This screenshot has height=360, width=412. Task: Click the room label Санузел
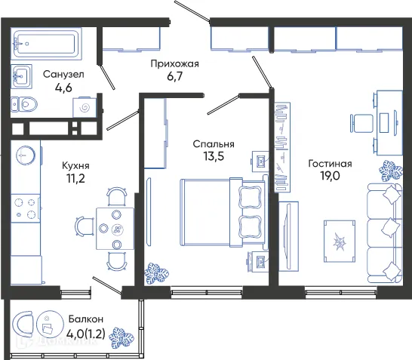pyautogui.click(x=63, y=75)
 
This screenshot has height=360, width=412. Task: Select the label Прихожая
pyautogui.click(x=174, y=63)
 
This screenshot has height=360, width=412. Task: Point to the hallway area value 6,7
pyautogui.click(x=174, y=77)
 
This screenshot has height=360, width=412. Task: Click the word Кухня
pyautogui.click(x=75, y=165)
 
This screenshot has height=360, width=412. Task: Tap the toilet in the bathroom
pyautogui.click(x=26, y=104)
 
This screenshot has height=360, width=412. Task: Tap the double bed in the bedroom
pyautogui.click(x=219, y=213)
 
